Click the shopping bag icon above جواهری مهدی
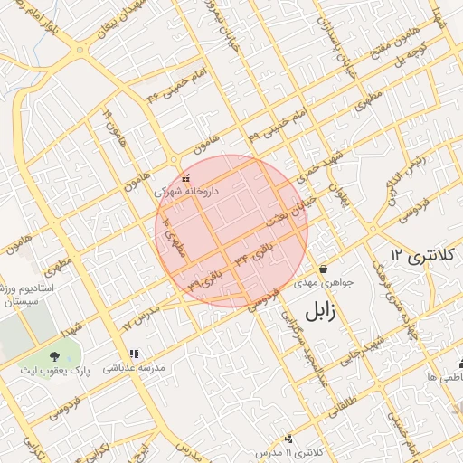[323, 269]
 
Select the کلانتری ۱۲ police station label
[420, 255]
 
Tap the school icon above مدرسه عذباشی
[134, 354]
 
